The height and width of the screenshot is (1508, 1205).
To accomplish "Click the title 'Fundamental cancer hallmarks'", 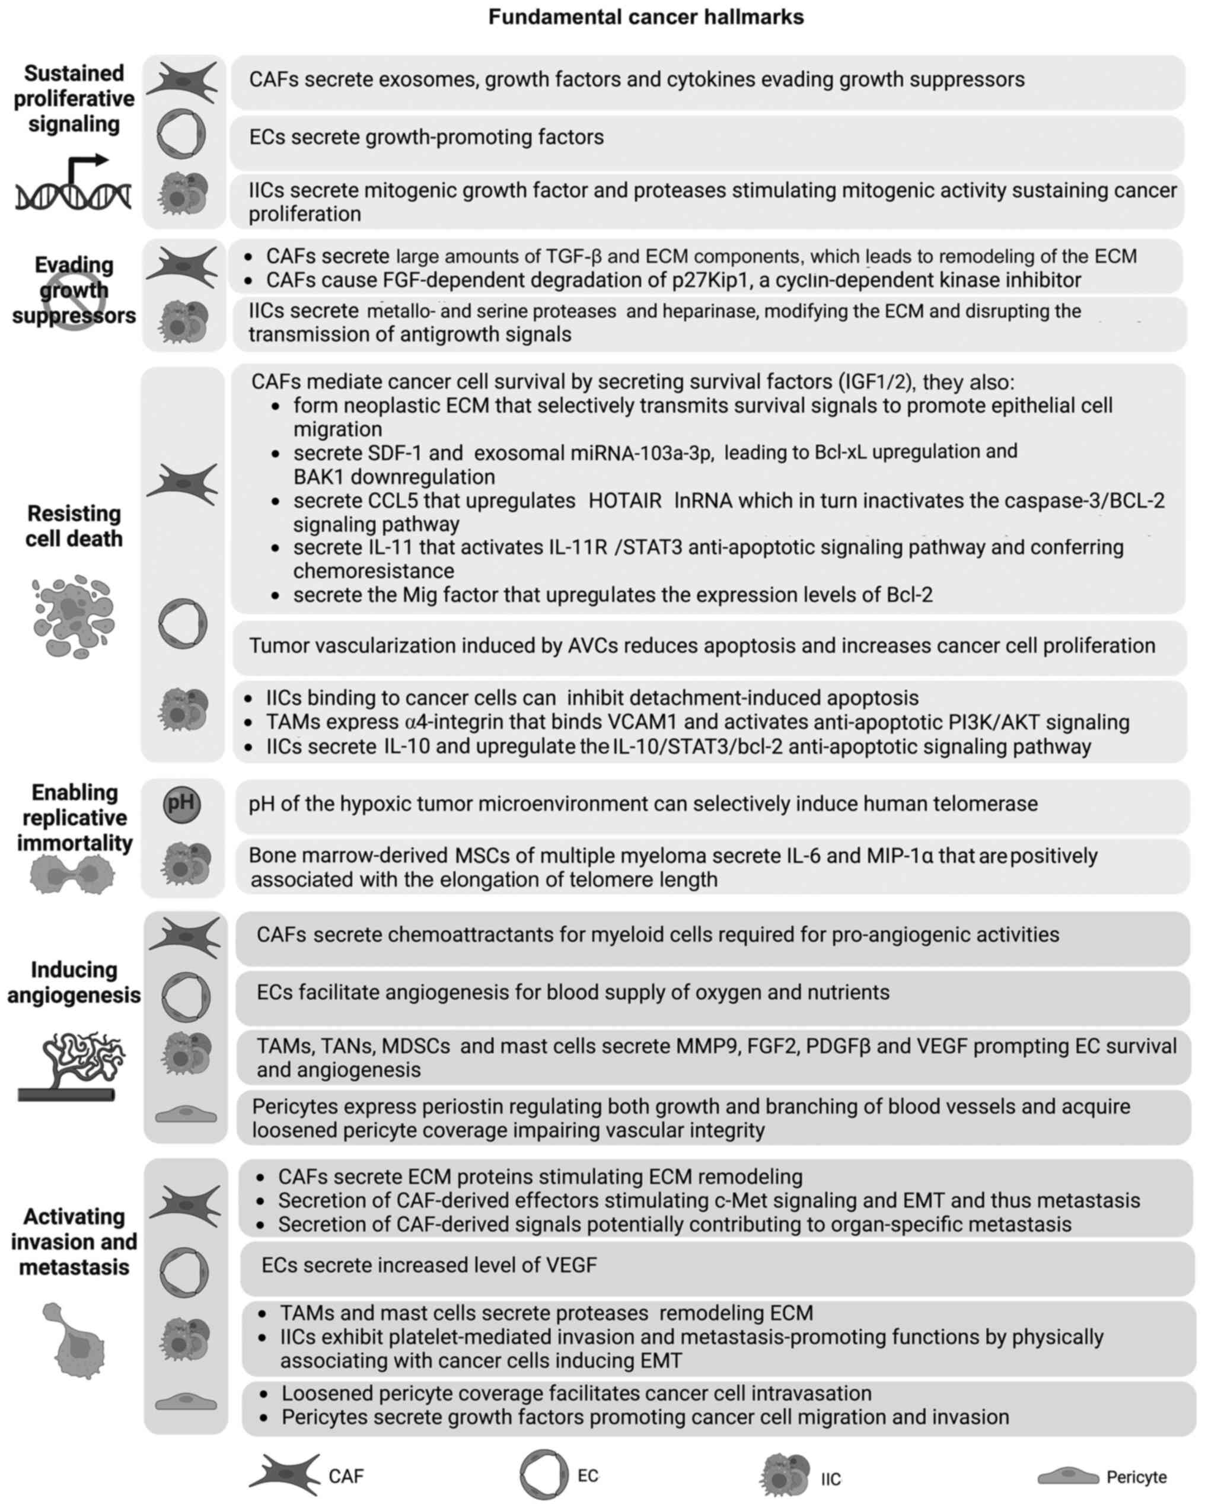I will point(646,17).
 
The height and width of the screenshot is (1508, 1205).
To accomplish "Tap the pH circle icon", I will point(182,804).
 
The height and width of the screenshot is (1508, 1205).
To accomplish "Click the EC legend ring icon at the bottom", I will point(543,1474).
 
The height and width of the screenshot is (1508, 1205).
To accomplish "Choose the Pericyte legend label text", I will point(1136,1477).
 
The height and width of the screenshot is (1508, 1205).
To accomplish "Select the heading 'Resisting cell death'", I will point(74,526).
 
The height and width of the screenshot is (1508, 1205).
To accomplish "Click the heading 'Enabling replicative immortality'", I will point(74,818).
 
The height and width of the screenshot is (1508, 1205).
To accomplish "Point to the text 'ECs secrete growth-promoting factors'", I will point(426,137).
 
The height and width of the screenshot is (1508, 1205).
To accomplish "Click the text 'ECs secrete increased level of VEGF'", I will point(429,1265).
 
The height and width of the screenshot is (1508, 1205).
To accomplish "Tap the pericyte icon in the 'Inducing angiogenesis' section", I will point(186,1114).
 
